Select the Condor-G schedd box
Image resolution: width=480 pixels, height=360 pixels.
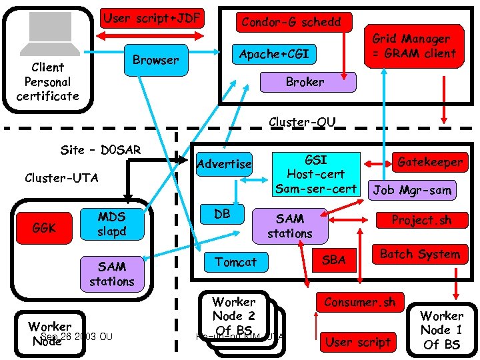click(x=291, y=22)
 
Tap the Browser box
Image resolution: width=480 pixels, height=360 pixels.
click(x=155, y=60)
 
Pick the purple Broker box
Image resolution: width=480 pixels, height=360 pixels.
click(x=305, y=82)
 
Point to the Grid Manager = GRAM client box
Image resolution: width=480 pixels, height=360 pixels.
click(x=413, y=47)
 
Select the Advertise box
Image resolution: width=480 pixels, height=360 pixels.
click(x=225, y=164)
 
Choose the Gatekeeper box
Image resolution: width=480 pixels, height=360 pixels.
click(x=429, y=162)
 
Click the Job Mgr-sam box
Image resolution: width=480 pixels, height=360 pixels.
click(x=411, y=190)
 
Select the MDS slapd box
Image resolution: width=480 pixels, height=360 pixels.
click(x=111, y=224)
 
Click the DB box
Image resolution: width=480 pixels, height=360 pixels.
click(x=222, y=214)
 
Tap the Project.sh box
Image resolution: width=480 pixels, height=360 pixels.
click(x=421, y=220)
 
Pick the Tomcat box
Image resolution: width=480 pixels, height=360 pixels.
click(x=235, y=262)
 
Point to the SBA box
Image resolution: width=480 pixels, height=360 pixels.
click(x=334, y=260)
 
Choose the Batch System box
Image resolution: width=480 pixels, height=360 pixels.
click(x=419, y=254)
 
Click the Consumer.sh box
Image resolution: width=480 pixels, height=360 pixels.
click(x=359, y=302)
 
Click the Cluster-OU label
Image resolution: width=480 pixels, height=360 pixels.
click(x=301, y=122)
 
